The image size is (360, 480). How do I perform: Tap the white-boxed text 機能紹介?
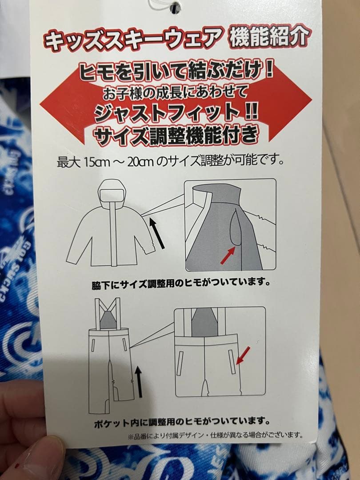click(268, 38)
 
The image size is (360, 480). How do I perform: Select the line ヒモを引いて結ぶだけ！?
click(176, 72)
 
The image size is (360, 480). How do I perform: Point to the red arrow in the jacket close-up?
click(228, 256)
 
